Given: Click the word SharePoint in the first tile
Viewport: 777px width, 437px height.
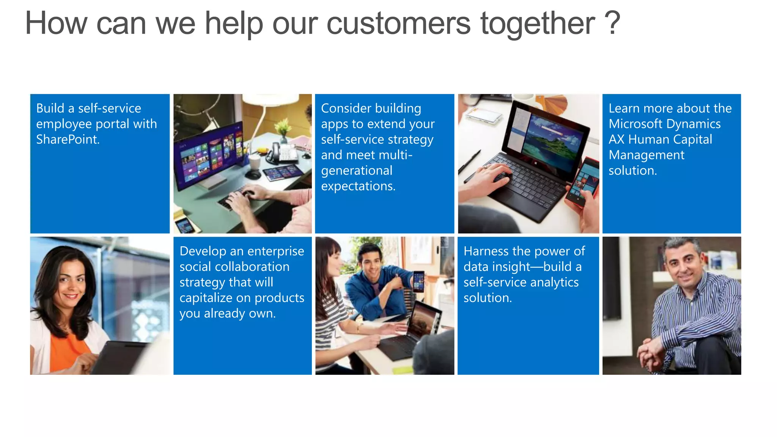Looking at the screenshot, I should (68, 140).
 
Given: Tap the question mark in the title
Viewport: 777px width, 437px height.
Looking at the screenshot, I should (612, 24).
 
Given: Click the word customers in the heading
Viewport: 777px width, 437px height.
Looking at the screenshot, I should (398, 24).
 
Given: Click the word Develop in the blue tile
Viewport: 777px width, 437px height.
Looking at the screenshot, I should (203, 251).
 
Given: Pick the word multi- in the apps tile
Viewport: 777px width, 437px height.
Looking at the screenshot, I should (395, 155).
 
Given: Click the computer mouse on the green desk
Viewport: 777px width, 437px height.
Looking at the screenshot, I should (253, 175).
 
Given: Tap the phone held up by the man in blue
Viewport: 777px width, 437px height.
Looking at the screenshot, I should (419, 281).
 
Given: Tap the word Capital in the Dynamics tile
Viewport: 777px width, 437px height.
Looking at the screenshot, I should (692, 140).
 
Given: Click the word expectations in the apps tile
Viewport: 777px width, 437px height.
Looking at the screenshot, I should (358, 186).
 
